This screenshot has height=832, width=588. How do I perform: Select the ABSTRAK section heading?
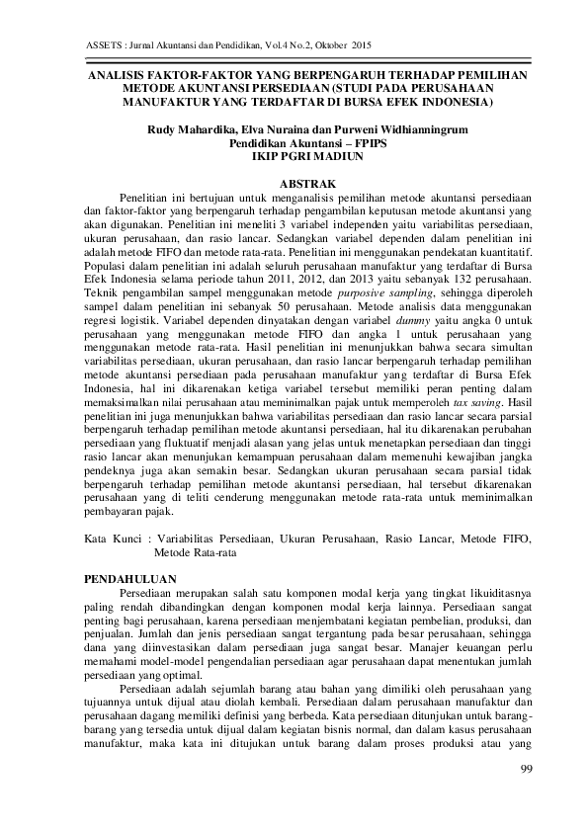(x=294, y=184)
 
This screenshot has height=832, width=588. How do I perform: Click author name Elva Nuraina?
(x=260, y=129)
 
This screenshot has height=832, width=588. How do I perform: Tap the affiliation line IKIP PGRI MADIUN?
(x=294, y=156)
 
